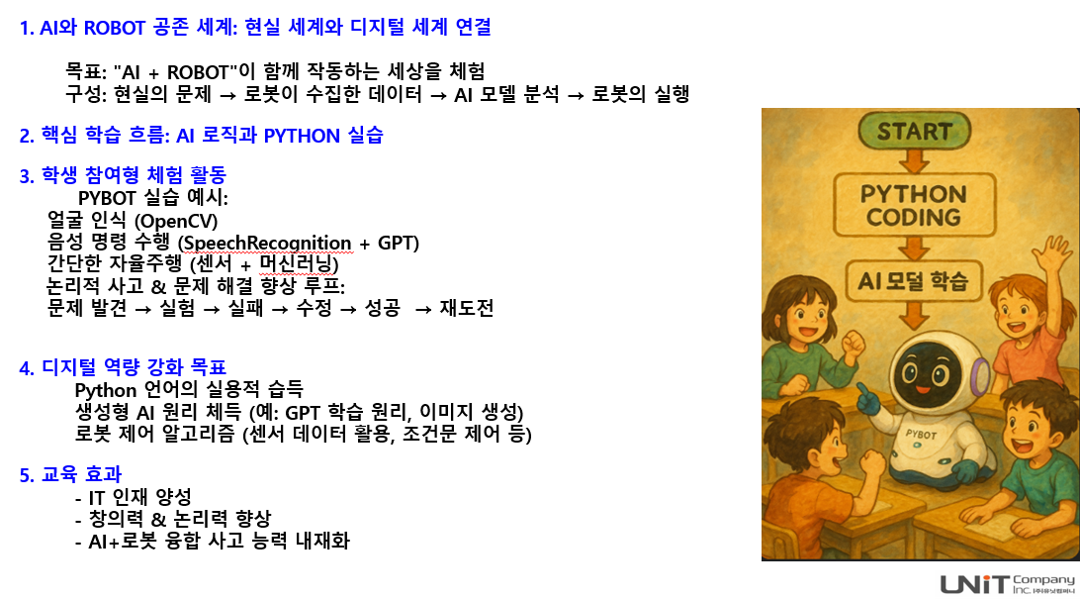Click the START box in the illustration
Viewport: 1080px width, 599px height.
(x=914, y=131)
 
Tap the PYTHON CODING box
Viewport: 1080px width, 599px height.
(x=914, y=205)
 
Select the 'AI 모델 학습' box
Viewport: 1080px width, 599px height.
(x=913, y=280)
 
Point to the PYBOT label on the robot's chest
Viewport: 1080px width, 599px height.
(x=921, y=434)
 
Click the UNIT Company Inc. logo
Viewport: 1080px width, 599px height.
(x=1007, y=584)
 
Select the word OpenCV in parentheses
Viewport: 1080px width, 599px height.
(x=178, y=221)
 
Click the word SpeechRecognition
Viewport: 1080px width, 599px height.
(x=267, y=244)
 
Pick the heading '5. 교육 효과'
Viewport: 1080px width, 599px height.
(x=70, y=474)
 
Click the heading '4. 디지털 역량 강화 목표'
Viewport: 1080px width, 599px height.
(x=123, y=367)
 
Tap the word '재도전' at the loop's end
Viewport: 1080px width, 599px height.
(x=467, y=308)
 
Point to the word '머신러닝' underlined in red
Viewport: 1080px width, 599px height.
(x=295, y=264)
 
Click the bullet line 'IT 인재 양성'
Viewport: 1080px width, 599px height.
(x=139, y=497)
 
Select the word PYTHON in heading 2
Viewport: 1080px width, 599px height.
(x=302, y=136)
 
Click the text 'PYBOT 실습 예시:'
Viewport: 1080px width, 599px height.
(x=153, y=199)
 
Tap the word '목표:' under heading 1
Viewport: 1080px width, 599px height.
(x=86, y=71)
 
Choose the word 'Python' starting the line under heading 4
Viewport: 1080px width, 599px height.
(x=106, y=390)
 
